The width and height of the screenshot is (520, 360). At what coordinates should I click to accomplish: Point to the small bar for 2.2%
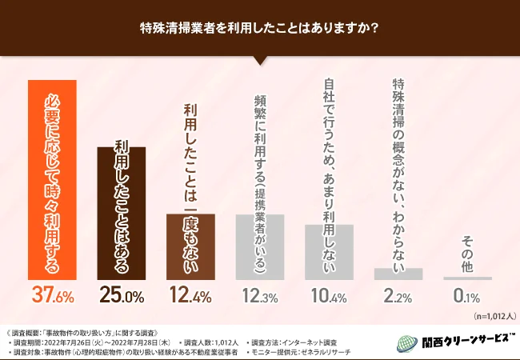pyautogui.click(x=398, y=274)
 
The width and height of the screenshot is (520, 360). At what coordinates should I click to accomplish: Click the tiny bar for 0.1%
pyautogui.click(x=467, y=278)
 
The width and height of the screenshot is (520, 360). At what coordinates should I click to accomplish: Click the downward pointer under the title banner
pyautogui.click(x=260, y=59)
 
